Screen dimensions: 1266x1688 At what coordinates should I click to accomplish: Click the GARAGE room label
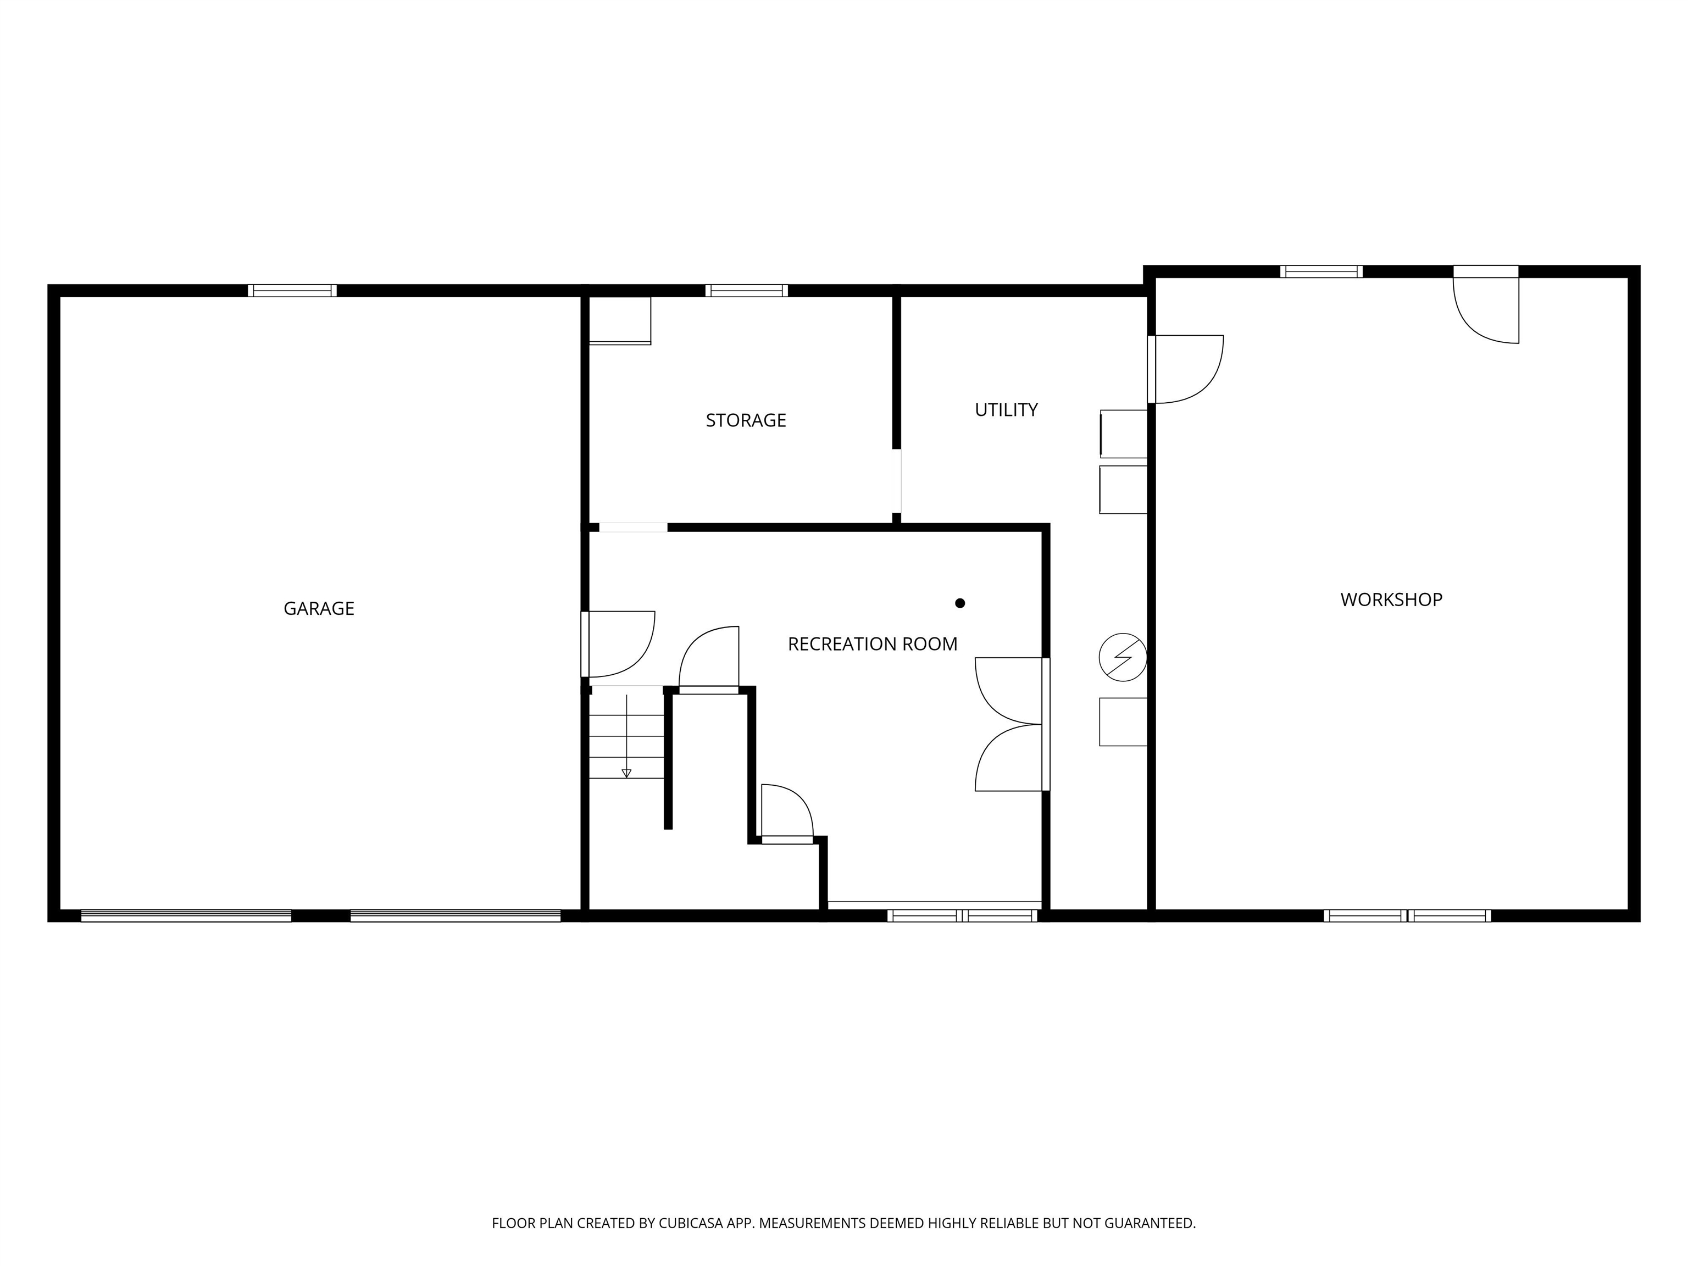point(319,608)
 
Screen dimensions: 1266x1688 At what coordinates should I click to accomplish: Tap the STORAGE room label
point(746,420)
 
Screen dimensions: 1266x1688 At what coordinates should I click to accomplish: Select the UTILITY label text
point(1006,410)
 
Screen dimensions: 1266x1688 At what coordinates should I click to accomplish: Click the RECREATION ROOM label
point(872,644)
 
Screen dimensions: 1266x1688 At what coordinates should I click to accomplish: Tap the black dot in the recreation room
point(960,603)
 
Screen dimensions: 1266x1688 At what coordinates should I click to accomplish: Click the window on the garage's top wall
point(292,291)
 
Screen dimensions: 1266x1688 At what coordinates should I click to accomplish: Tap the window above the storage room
point(746,291)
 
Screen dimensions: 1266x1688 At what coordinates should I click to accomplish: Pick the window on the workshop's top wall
point(1321,271)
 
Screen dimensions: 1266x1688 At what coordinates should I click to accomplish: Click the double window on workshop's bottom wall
point(1407,916)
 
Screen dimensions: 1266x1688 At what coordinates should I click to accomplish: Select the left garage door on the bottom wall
point(186,916)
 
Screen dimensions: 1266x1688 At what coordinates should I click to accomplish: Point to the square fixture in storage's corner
point(620,320)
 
